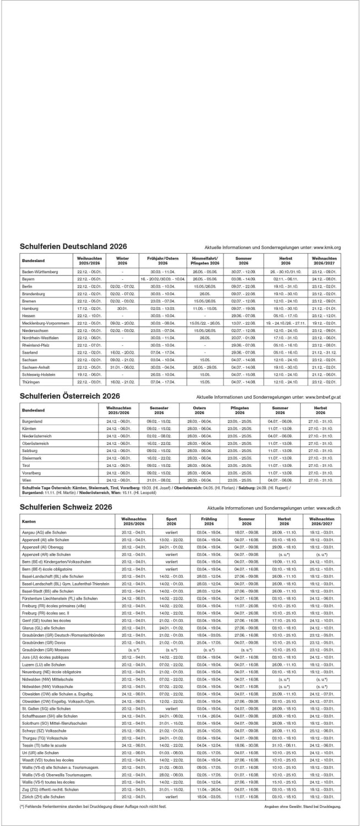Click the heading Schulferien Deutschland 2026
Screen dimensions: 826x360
click(x=73, y=246)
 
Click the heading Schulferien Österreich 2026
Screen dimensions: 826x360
click(x=70, y=396)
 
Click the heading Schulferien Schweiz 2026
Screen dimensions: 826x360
click(x=66, y=507)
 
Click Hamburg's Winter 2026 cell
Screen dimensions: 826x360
click(x=122, y=308)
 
